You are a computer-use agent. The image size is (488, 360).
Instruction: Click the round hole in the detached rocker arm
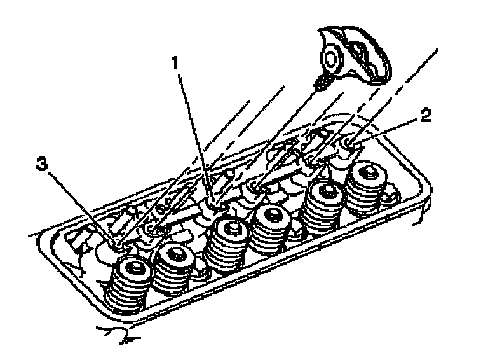(x=331, y=59)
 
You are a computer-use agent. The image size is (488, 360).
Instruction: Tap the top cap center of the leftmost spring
(x=135, y=270)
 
